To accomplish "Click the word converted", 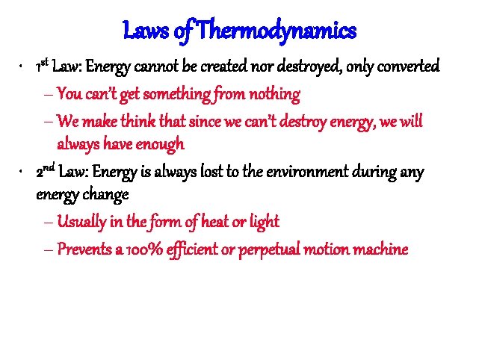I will coord(407,69).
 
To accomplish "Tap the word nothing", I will coord(275,95).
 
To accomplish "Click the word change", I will coord(109,196).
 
